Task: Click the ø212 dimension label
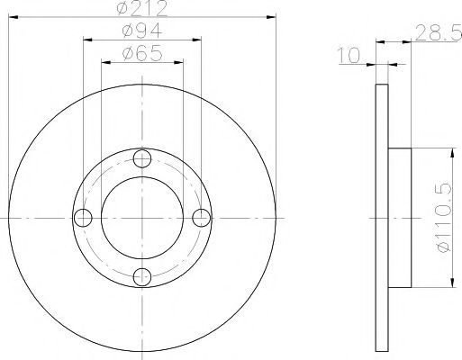point(141,11)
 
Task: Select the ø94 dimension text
point(141,31)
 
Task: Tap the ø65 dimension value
point(141,54)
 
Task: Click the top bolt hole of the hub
point(141,160)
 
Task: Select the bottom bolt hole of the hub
point(141,276)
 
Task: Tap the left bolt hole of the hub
point(84,218)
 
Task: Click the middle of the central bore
point(141,218)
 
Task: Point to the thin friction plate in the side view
point(383,218)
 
